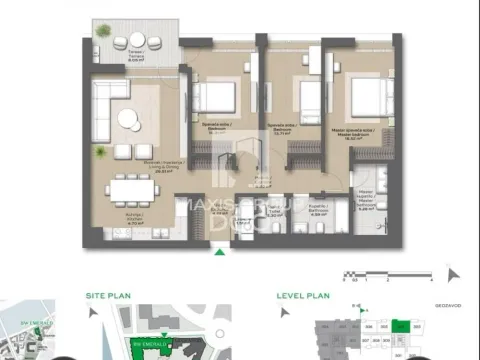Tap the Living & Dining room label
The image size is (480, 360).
132,166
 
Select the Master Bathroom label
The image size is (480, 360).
368,202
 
